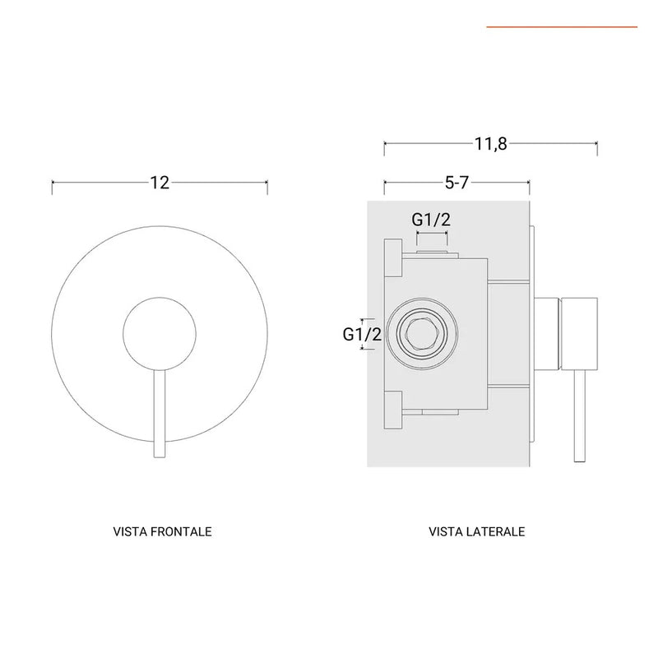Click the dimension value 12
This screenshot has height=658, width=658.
[x=160, y=183]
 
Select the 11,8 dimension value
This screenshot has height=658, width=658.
[x=490, y=144]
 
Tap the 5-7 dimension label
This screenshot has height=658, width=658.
[x=456, y=183]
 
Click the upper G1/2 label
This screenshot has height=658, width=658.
[x=431, y=220]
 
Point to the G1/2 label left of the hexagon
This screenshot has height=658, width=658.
[x=362, y=335]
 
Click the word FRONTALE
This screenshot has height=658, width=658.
[x=181, y=531]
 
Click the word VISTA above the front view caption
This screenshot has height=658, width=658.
[x=130, y=531]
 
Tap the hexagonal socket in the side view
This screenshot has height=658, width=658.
[x=422, y=334]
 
